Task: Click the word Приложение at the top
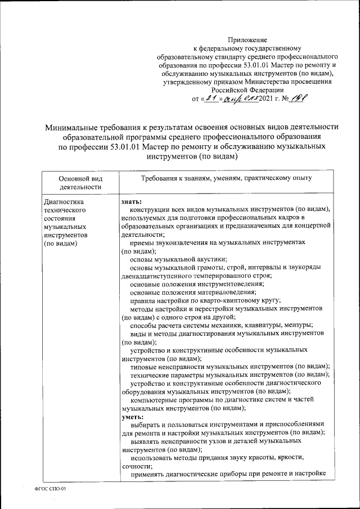pos(247,40)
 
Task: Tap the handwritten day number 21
pos(211,99)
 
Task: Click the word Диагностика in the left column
pos(63,201)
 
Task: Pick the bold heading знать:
pos(131,201)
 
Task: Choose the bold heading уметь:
pos(133,417)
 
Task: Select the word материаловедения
pos(224,292)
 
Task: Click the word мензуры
pos(299,326)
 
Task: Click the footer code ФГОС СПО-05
pos(50,489)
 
